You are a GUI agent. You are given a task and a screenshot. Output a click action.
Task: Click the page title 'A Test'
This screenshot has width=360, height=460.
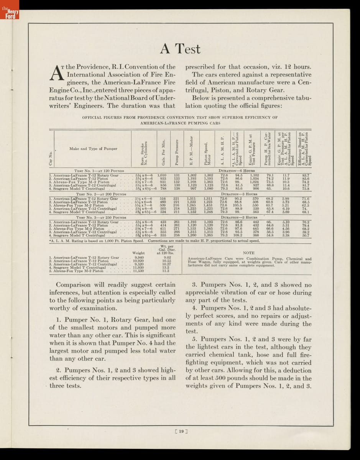(x=180, y=49)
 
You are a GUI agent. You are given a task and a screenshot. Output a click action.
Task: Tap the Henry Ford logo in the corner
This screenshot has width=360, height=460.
(x=9, y=14)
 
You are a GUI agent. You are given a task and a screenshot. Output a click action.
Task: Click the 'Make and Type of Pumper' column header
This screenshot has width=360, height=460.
(x=89, y=148)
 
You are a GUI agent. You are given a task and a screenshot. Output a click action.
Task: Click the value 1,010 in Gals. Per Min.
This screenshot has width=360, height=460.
(x=161, y=175)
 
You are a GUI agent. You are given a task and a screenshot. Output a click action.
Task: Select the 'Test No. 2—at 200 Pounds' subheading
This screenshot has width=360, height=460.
(x=101, y=195)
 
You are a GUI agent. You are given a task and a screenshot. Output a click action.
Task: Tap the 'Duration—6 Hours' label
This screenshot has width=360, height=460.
(x=237, y=171)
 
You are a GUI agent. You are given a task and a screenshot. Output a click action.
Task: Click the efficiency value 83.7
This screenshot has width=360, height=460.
(x=306, y=175)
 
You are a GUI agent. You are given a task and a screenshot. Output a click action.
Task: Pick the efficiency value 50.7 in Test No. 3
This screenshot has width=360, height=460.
(x=306, y=235)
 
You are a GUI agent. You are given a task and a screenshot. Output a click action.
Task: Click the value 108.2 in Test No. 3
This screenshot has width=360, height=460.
(x=238, y=235)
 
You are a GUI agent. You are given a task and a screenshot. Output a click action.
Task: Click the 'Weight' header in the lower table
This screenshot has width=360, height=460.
(x=138, y=253)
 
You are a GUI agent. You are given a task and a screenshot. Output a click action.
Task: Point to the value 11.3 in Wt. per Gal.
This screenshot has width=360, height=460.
(x=166, y=271)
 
